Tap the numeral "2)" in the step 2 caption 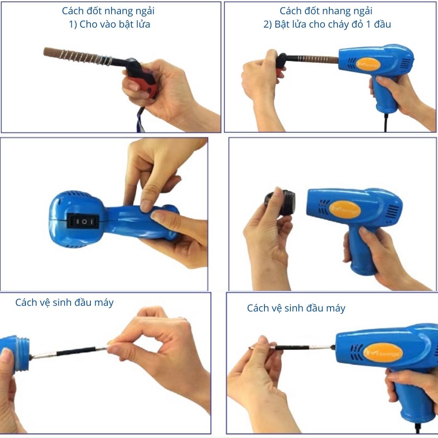268,25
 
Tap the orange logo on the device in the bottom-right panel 383,353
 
